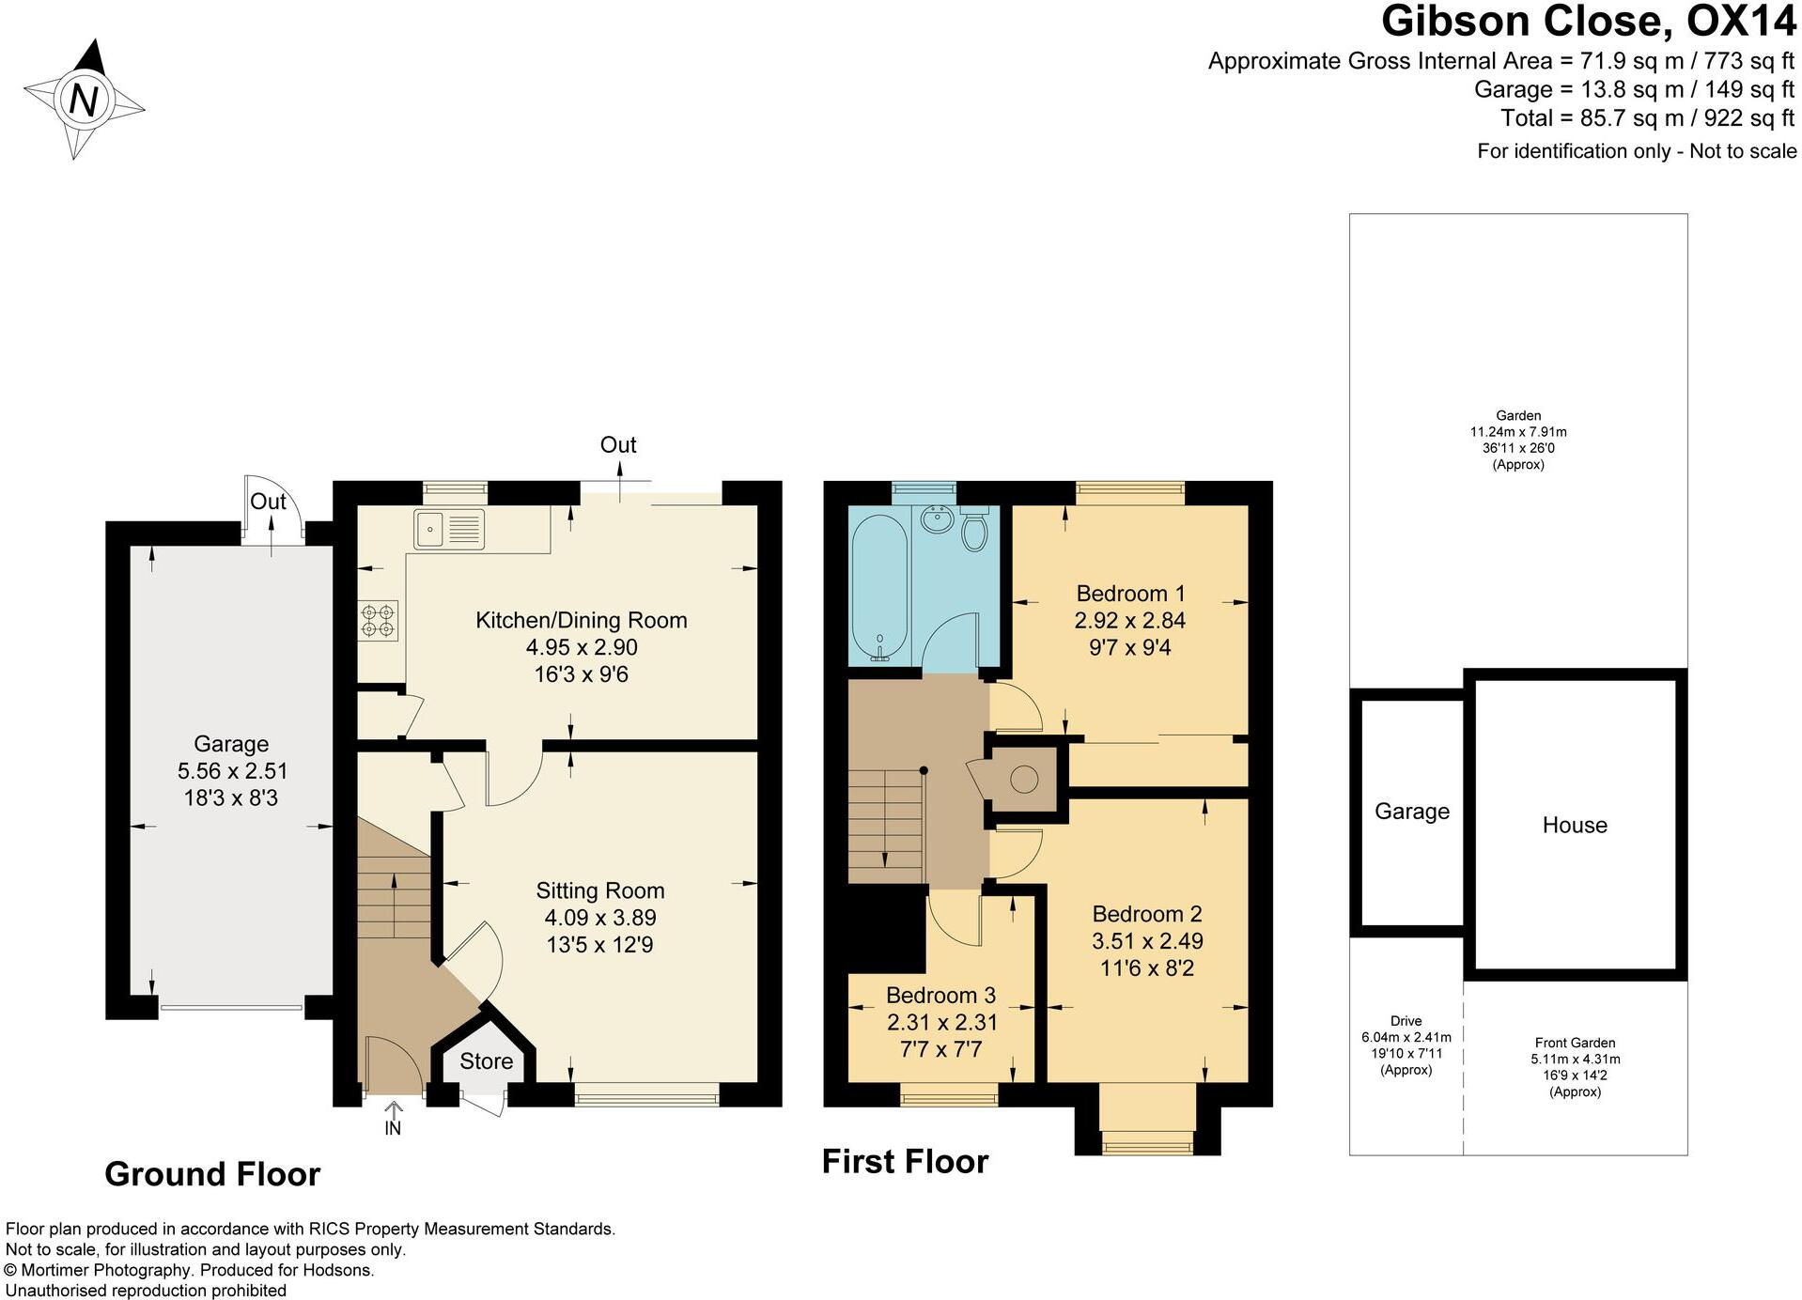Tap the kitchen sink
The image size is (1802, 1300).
pyautogui.click(x=449, y=529)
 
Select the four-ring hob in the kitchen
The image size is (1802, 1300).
pyautogui.click(x=378, y=621)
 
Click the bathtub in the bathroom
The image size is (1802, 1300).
pyautogui.click(x=879, y=585)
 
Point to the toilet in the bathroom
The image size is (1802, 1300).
pyautogui.click(x=974, y=528)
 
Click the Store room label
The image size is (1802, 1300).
pyautogui.click(x=486, y=1061)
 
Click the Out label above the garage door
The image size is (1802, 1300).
pyautogui.click(x=268, y=502)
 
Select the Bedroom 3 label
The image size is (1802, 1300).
pyautogui.click(x=940, y=996)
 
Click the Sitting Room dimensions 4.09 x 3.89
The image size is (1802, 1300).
pyautogui.click(x=600, y=918)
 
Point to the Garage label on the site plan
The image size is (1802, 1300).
pyautogui.click(x=1412, y=812)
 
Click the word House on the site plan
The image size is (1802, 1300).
pyautogui.click(x=1575, y=825)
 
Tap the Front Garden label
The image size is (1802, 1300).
pyautogui.click(x=1576, y=1043)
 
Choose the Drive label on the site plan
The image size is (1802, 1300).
pyautogui.click(x=1406, y=1021)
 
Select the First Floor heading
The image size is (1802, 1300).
pyautogui.click(x=905, y=1162)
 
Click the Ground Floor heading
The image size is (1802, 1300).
pyautogui.click(x=212, y=1174)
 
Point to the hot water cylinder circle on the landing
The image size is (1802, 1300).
pyautogui.click(x=1024, y=779)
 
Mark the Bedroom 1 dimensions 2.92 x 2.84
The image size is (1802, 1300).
pyautogui.click(x=1130, y=621)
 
